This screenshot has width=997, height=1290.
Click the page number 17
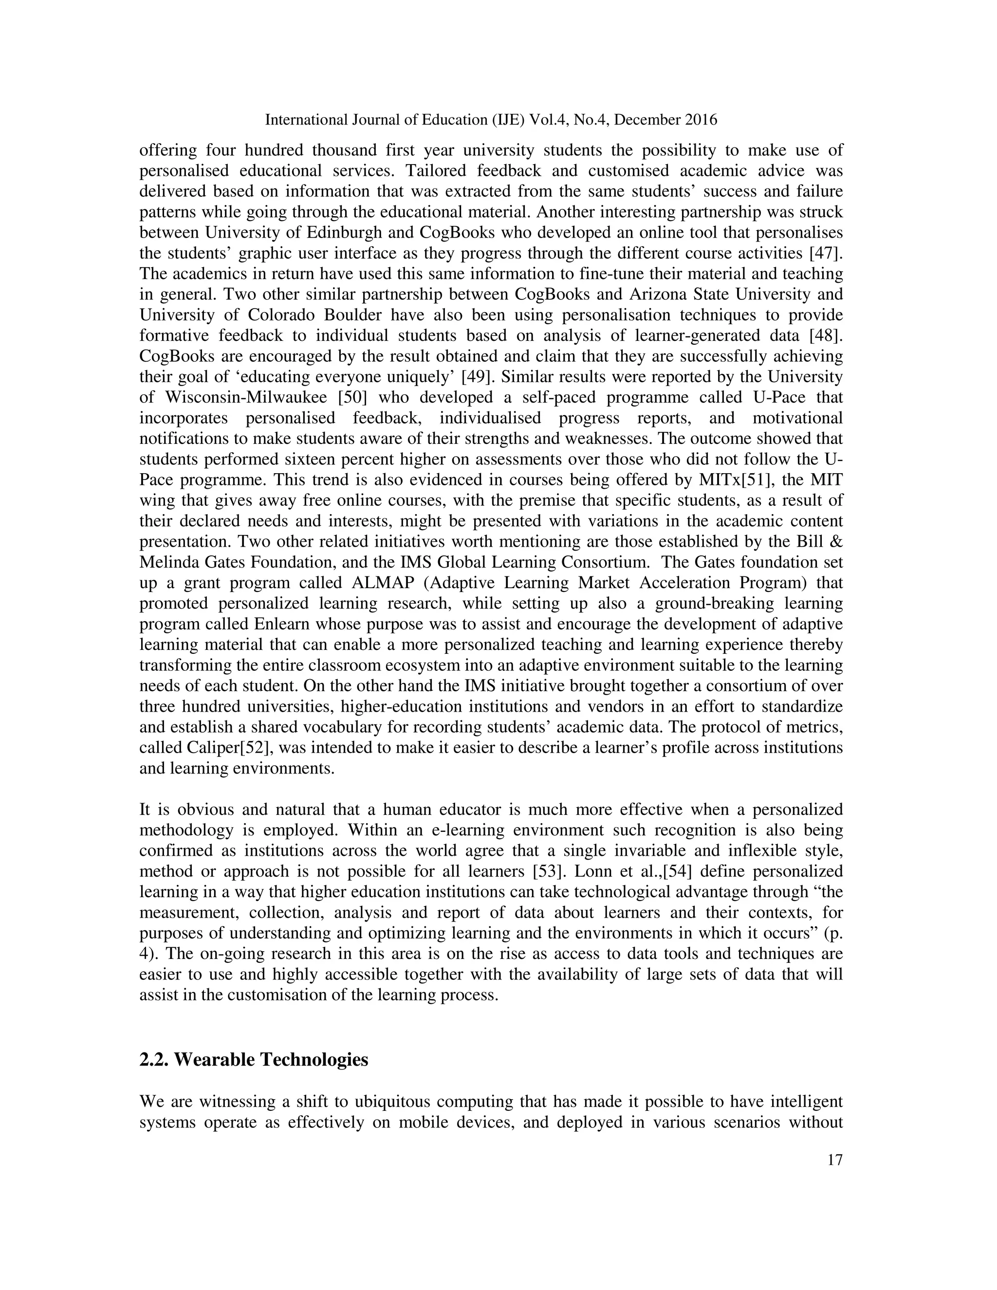coord(834,1160)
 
